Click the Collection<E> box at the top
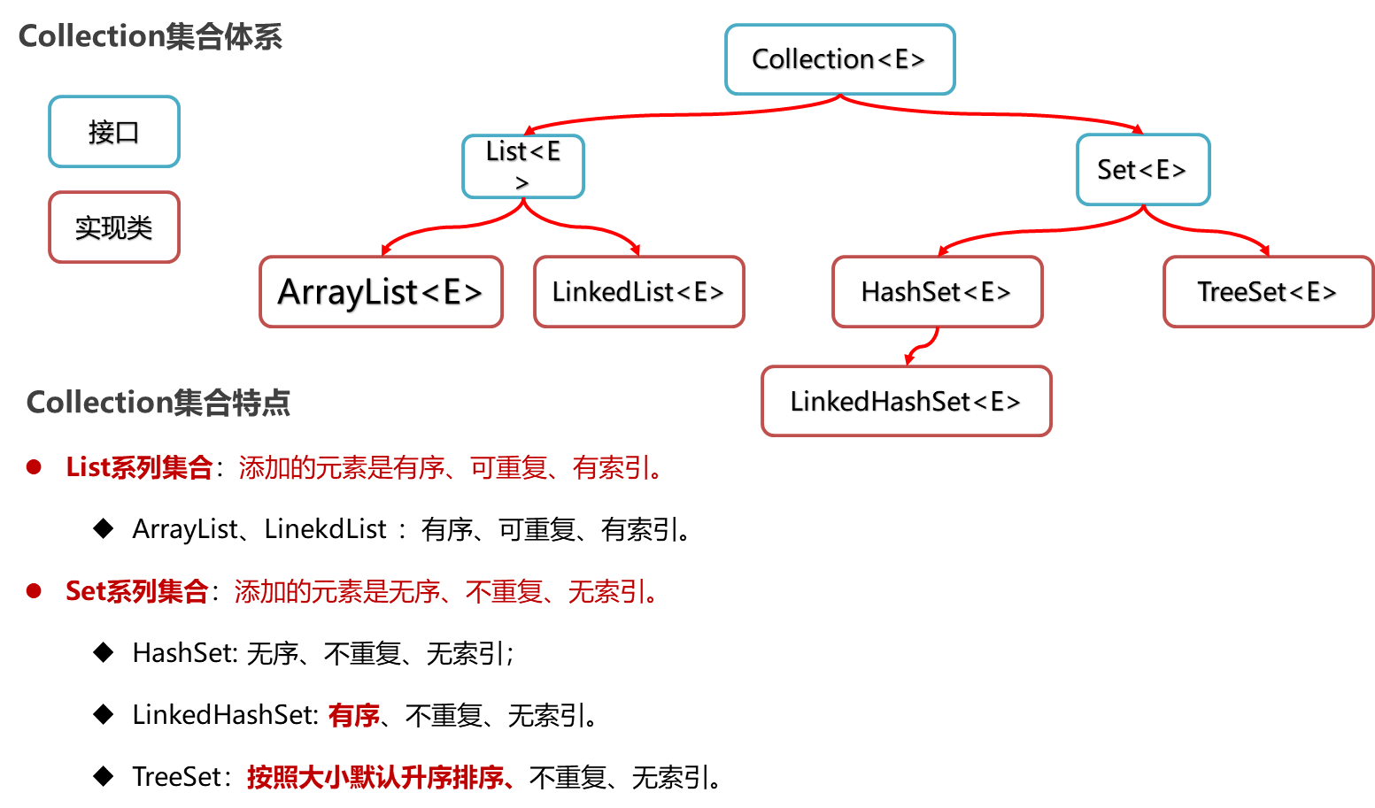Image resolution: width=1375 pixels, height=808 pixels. click(839, 59)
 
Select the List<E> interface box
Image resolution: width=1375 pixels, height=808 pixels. click(523, 166)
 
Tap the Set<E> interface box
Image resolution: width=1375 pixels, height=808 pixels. click(1142, 170)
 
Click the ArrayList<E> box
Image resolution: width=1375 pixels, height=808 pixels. click(381, 292)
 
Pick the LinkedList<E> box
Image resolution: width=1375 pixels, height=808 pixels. click(638, 292)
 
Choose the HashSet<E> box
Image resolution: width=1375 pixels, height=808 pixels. click(937, 292)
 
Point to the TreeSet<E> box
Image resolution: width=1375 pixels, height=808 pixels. click(1267, 292)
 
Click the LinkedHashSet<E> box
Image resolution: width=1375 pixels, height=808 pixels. click(906, 402)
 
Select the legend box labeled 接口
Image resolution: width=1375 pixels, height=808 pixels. click(114, 132)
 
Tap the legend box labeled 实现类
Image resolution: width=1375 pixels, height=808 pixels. click(114, 227)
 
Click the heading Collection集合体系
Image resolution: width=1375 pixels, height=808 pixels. click(151, 37)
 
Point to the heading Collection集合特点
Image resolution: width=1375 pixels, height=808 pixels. click(158, 403)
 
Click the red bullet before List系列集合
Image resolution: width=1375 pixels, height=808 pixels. click(35, 467)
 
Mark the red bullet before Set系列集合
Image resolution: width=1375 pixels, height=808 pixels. click(35, 591)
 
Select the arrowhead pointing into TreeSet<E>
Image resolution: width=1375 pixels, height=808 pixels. click(1265, 250)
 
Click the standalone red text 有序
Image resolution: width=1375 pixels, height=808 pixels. click(354, 715)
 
